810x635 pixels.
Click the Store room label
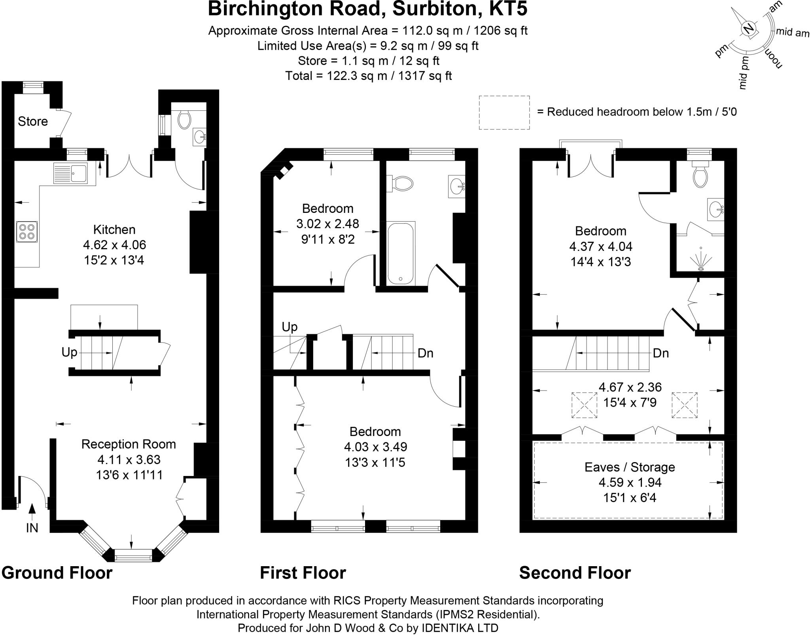tap(33, 121)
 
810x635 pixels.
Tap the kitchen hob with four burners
tap(27, 232)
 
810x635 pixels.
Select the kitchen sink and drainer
tap(70, 173)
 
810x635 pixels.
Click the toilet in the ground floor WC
tap(184, 119)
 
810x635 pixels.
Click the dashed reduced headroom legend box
tap(504, 112)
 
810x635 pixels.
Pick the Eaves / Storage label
tap(630, 467)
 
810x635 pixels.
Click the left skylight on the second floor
tap(584, 405)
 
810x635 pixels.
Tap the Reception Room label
tap(129, 444)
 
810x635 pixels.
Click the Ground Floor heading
tap(57, 573)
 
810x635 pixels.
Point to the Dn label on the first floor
tap(426, 353)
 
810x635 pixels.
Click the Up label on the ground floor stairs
tap(69, 352)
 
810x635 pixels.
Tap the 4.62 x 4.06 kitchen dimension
tap(114, 245)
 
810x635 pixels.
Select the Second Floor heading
tap(575, 573)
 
